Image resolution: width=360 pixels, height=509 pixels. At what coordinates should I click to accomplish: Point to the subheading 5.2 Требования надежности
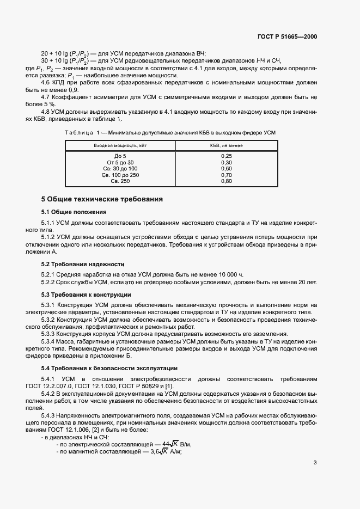pos(78,264)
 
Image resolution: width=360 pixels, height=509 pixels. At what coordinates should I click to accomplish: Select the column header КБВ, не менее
pos(227,146)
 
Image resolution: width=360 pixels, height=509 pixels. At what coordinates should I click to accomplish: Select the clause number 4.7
pos(46,97)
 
